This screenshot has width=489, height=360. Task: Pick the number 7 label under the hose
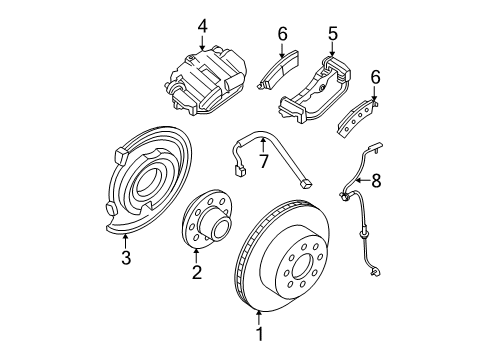(x=264, y=161)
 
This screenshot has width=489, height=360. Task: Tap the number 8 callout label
(x=377, y=181)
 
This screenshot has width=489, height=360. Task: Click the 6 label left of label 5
(x=282, y=32)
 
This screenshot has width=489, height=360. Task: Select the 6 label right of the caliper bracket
(x=375, y=76)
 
